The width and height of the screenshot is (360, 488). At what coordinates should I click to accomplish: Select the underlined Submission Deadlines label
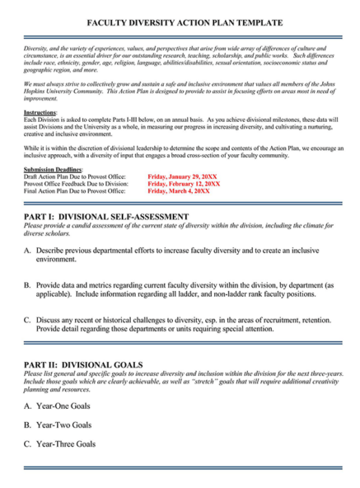click(x=54, y=169)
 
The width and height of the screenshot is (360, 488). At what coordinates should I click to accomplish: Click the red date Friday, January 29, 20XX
click(x=182, y=176)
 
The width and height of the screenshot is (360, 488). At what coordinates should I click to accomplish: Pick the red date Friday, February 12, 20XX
click(x=184, y=183)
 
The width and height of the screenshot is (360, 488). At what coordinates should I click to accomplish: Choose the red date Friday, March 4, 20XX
click(x=179, y=190)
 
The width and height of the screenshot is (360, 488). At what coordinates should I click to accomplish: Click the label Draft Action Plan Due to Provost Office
click(x=74, y=176)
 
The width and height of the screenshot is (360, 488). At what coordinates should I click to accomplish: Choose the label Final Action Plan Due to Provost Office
click(x=74, y=190)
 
